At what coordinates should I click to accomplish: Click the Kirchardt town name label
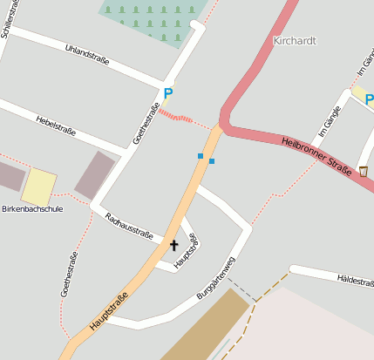click(x=295, y=41)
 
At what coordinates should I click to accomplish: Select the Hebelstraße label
click(x=56, y=126)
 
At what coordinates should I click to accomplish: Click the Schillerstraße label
click(x=8, y=19)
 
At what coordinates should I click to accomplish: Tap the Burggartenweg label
click(x=216, y=279)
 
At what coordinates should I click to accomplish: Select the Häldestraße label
click(x=354, y=279)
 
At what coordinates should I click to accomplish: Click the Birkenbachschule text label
click(x=32, y=209)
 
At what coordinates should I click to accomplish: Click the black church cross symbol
click(x=173, y=246)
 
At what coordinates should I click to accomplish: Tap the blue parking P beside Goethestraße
click(x=168, y=93)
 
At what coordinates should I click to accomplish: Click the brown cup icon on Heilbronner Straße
click(x=363, y=171)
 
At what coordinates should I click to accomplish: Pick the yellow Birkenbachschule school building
click(x=38, y=186)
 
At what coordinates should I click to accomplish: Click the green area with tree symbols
click(x=153, y=17)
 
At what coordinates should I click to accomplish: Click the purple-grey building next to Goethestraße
click(x=95, y=174)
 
